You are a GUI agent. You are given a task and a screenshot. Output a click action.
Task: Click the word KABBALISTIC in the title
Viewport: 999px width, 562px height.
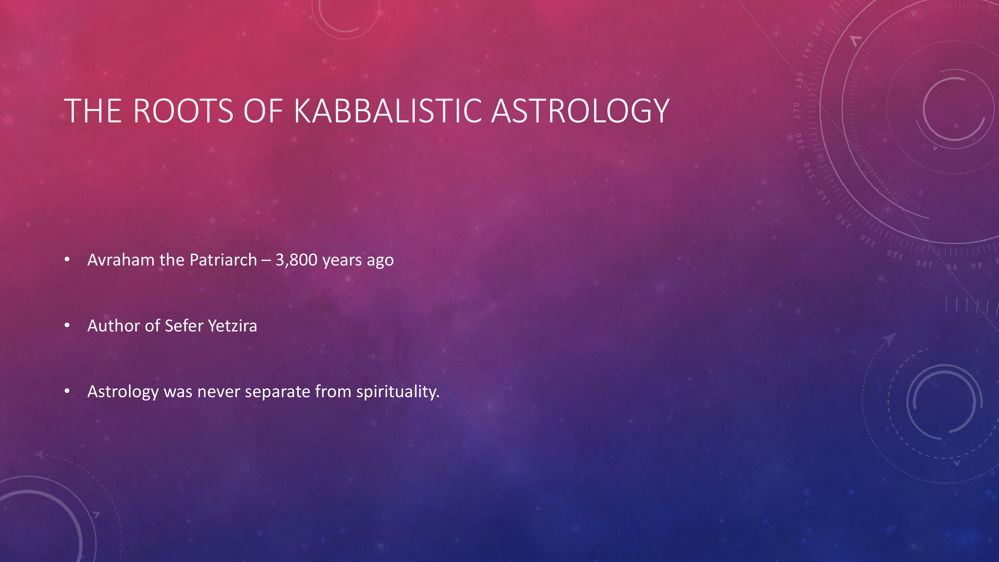click(x=388, y=111)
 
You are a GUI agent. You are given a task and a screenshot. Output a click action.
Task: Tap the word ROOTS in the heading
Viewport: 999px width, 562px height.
click(x=183, y=111)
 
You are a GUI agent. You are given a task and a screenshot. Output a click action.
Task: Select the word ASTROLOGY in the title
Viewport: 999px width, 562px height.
click(x=580, y=111)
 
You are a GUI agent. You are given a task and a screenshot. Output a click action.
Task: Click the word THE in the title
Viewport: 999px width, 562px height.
click(x=93, y=111)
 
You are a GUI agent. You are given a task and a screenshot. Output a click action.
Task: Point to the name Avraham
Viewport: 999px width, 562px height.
click(x=121, y=260)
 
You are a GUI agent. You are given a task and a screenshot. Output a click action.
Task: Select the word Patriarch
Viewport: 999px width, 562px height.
click(x=223, y=260)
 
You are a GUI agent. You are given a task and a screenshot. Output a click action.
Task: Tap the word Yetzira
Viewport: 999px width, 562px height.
click(x=233, y=326)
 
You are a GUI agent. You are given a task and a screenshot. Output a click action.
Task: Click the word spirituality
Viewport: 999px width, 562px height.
click(x=398, y=392)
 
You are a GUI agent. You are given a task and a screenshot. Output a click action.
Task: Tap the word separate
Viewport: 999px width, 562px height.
click(x=277, y=392)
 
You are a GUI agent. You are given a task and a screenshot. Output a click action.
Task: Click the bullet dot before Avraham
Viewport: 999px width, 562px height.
click(x=67, y=260)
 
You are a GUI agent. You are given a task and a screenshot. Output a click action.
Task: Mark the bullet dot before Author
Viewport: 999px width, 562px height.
click(x=67, y=326)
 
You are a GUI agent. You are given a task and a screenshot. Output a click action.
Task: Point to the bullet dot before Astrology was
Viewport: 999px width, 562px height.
click(x=67, y=392)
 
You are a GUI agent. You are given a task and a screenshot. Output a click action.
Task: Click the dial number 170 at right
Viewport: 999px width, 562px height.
click(x=797, y=111)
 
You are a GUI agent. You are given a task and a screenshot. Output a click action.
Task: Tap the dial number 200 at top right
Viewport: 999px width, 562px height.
click(x=819, y=28)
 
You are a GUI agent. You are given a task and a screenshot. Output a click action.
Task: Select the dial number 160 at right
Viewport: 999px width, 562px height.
click(x=799, y=141)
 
